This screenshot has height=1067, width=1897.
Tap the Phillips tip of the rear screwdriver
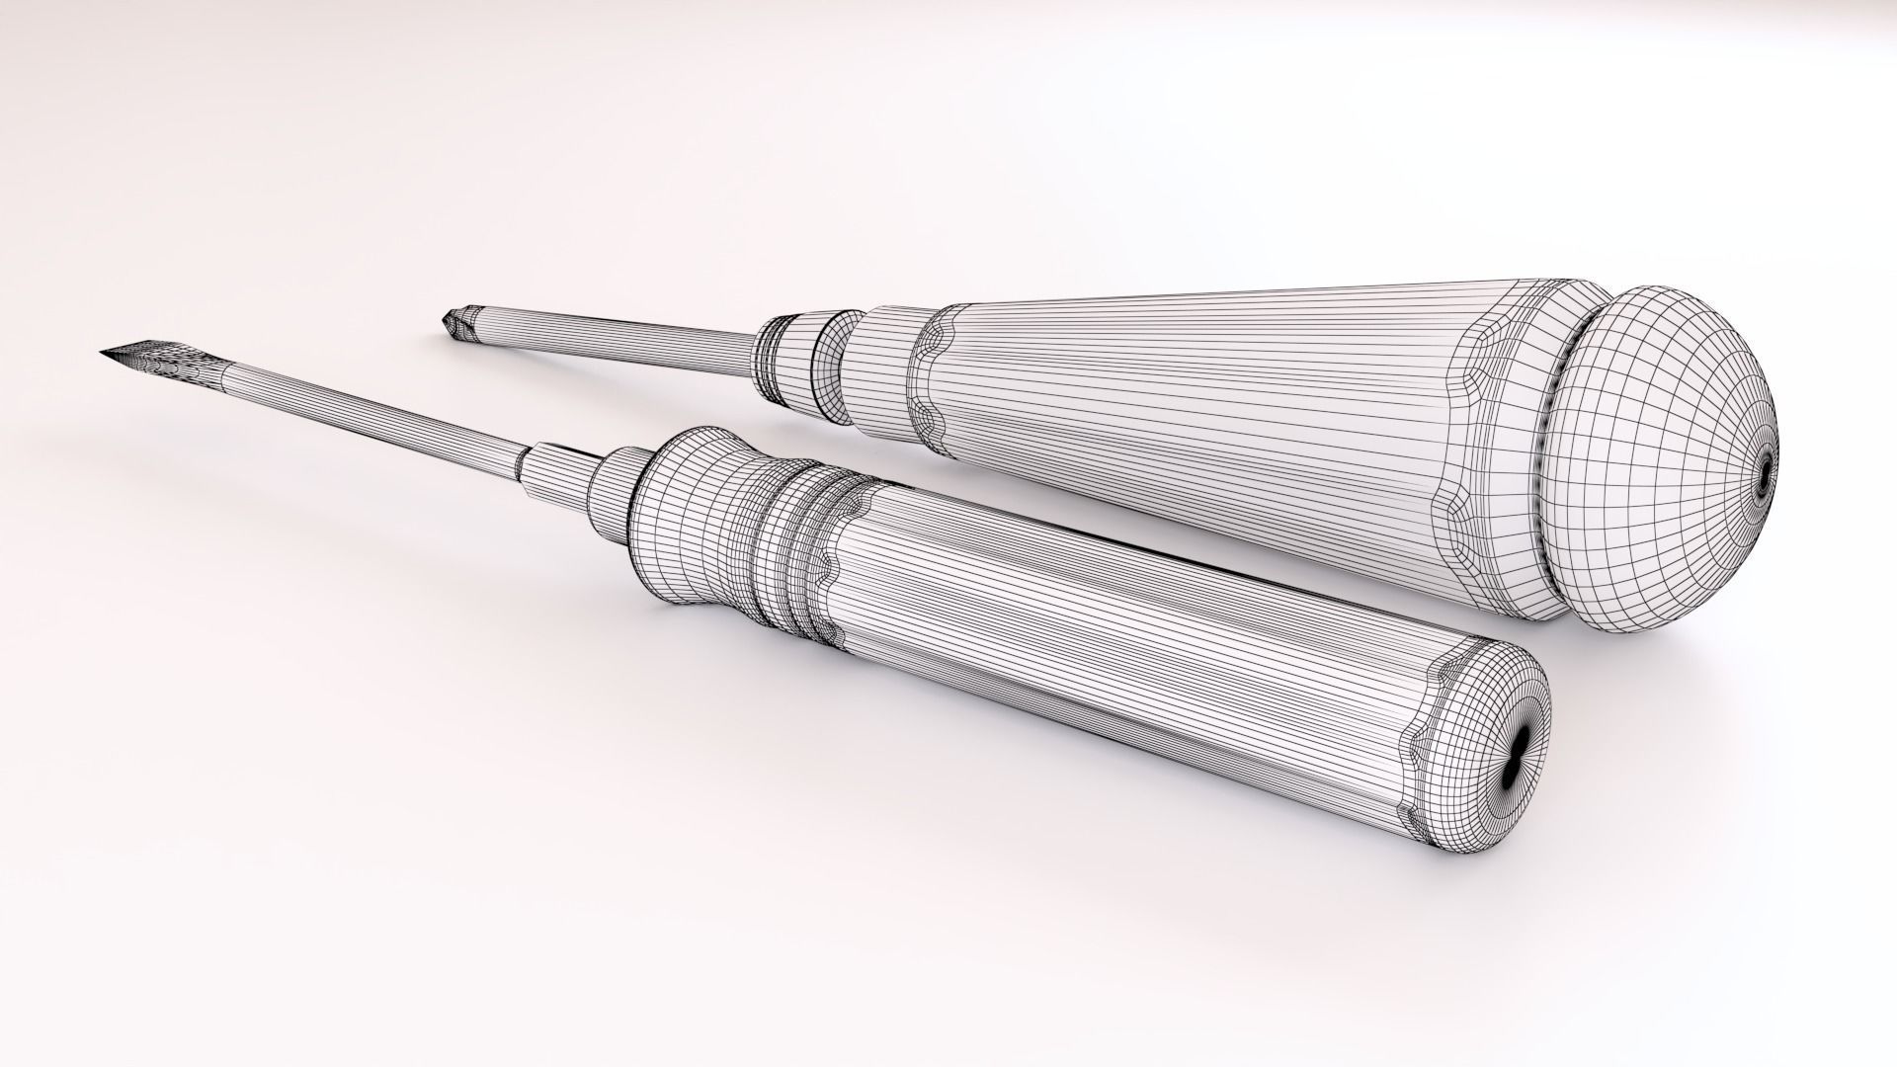tap(455, 320)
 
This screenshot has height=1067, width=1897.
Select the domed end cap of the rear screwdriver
tap(1660, 454)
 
